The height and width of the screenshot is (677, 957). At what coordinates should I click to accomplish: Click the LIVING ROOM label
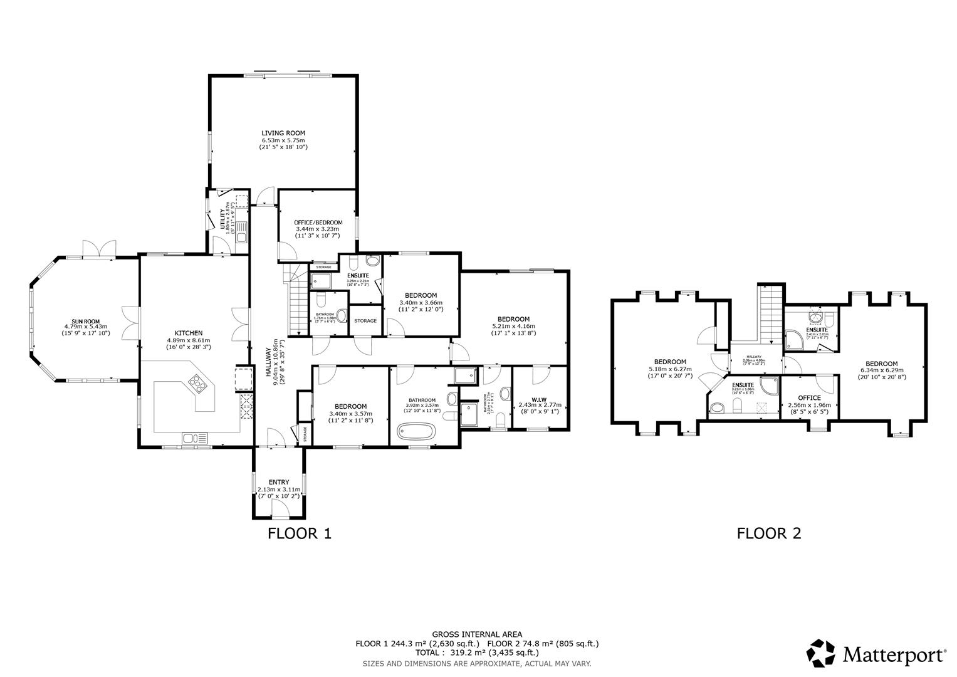[283, 133]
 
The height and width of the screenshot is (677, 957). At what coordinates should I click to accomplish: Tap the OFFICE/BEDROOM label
[318, 223]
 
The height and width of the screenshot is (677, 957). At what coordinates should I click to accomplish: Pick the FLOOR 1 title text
[299, 533]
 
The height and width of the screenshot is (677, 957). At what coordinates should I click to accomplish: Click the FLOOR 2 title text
[768, 533]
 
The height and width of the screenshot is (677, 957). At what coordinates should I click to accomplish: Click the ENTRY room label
[278, 482]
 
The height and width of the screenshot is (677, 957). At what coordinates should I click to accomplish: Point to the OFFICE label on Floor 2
[808, 397]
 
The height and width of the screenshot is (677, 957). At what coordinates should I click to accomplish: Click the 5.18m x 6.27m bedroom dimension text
[670, 369]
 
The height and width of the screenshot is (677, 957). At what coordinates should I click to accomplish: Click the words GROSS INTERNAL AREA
[477, 634]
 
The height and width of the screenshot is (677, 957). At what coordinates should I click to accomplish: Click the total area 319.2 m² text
[477, 653]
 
